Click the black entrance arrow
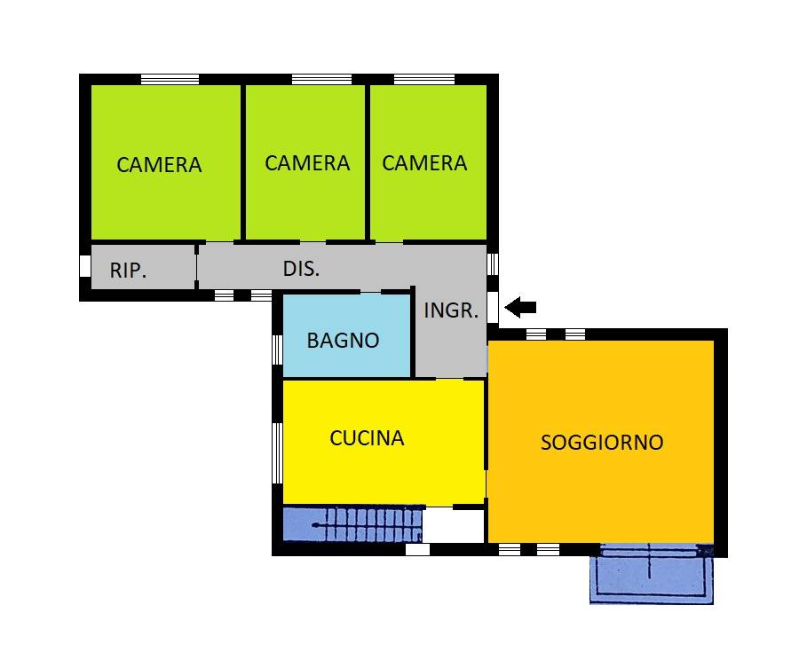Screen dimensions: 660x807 pyautogui.click(x=521, y=308)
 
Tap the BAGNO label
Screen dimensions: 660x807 pyautogui.click(x=343, y=340)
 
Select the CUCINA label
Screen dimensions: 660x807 pyautogui.click(x=367, y=437)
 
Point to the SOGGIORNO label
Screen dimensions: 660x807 pyautogui.click(x=602, y=442)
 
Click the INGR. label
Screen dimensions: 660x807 pyautogui.click(x=451, y=310)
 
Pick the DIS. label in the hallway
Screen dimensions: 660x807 pyautogui.click(x=301, y=268)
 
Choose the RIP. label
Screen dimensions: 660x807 pyautogui.click(x=128, y=271)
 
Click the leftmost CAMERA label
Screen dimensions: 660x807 pyautogui.click(x=159, y=164)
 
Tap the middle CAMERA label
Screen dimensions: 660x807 pyautogui.click(x=307, y=162)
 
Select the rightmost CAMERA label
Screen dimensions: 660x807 pyautogui.click(x=424, y=162)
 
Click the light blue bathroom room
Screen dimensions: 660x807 pyautogui.click(x=346, y=359)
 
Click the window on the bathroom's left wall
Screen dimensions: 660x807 pyautogui.click(x=276, y=349)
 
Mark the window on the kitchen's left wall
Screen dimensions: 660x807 pyautogui.click(x=276, y=452)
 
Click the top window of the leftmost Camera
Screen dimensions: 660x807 pyautogui.click(x=170, y=79)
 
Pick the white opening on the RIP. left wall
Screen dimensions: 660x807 pyautogui.click(x=85, y=266)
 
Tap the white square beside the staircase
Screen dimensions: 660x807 pyautogui.click(x=453, y=525)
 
